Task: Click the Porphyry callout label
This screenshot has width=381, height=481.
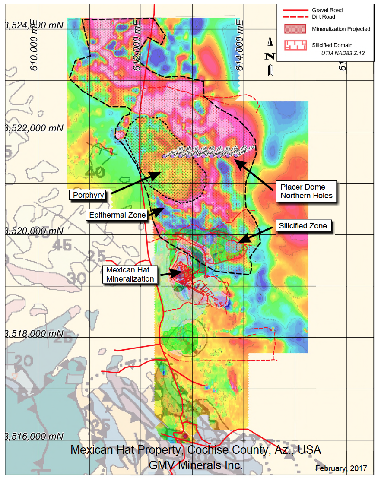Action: click(89, 195)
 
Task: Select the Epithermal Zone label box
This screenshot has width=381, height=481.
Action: click(116, 215)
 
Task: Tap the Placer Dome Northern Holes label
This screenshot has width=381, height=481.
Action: click(306, 191)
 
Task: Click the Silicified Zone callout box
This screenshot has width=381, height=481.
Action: click(305, 226)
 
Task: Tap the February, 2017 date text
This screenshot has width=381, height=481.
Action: click(341, 468)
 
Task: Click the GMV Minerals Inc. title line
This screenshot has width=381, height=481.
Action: click(195, 465)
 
